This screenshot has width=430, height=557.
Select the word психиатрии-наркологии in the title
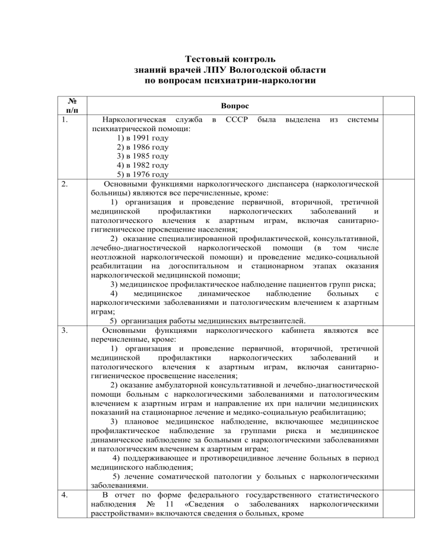click(259, 82)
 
